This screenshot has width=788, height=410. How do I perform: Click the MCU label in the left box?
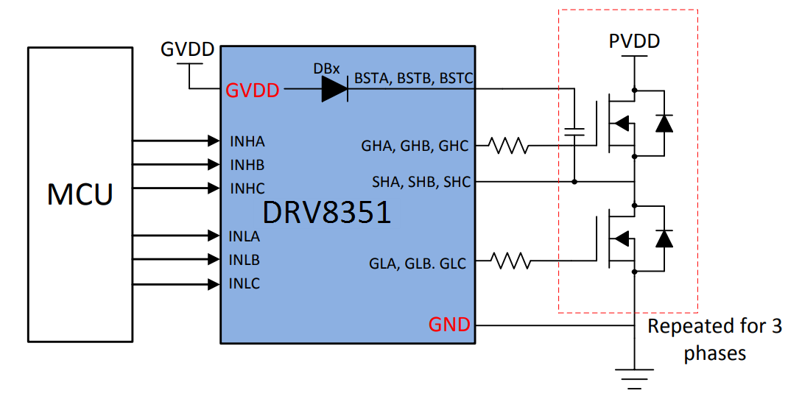click(80, 194)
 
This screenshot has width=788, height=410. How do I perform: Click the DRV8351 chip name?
click(327, 213)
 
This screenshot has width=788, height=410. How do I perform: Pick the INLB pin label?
click(245, 260)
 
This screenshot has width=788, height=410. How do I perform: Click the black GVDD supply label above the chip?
click(188, 50)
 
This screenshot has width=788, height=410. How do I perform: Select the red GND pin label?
click(449, 325)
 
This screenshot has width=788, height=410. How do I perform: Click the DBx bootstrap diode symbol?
click(334, 89)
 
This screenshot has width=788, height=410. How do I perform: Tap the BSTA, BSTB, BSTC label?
click(413, 77)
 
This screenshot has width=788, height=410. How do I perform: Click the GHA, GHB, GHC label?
click(415, 146)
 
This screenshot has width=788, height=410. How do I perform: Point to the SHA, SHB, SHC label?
click(421, 182)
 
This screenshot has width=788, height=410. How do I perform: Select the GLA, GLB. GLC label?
click(418, 263)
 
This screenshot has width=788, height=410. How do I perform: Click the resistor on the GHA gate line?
click(510, 146)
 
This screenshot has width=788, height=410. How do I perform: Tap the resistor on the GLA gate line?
click(510, 260)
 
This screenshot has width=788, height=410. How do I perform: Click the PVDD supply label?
click(634, 41)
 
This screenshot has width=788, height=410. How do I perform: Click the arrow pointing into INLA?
click(177, 236)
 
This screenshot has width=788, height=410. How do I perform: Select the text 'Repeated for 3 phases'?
click(714, 339)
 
